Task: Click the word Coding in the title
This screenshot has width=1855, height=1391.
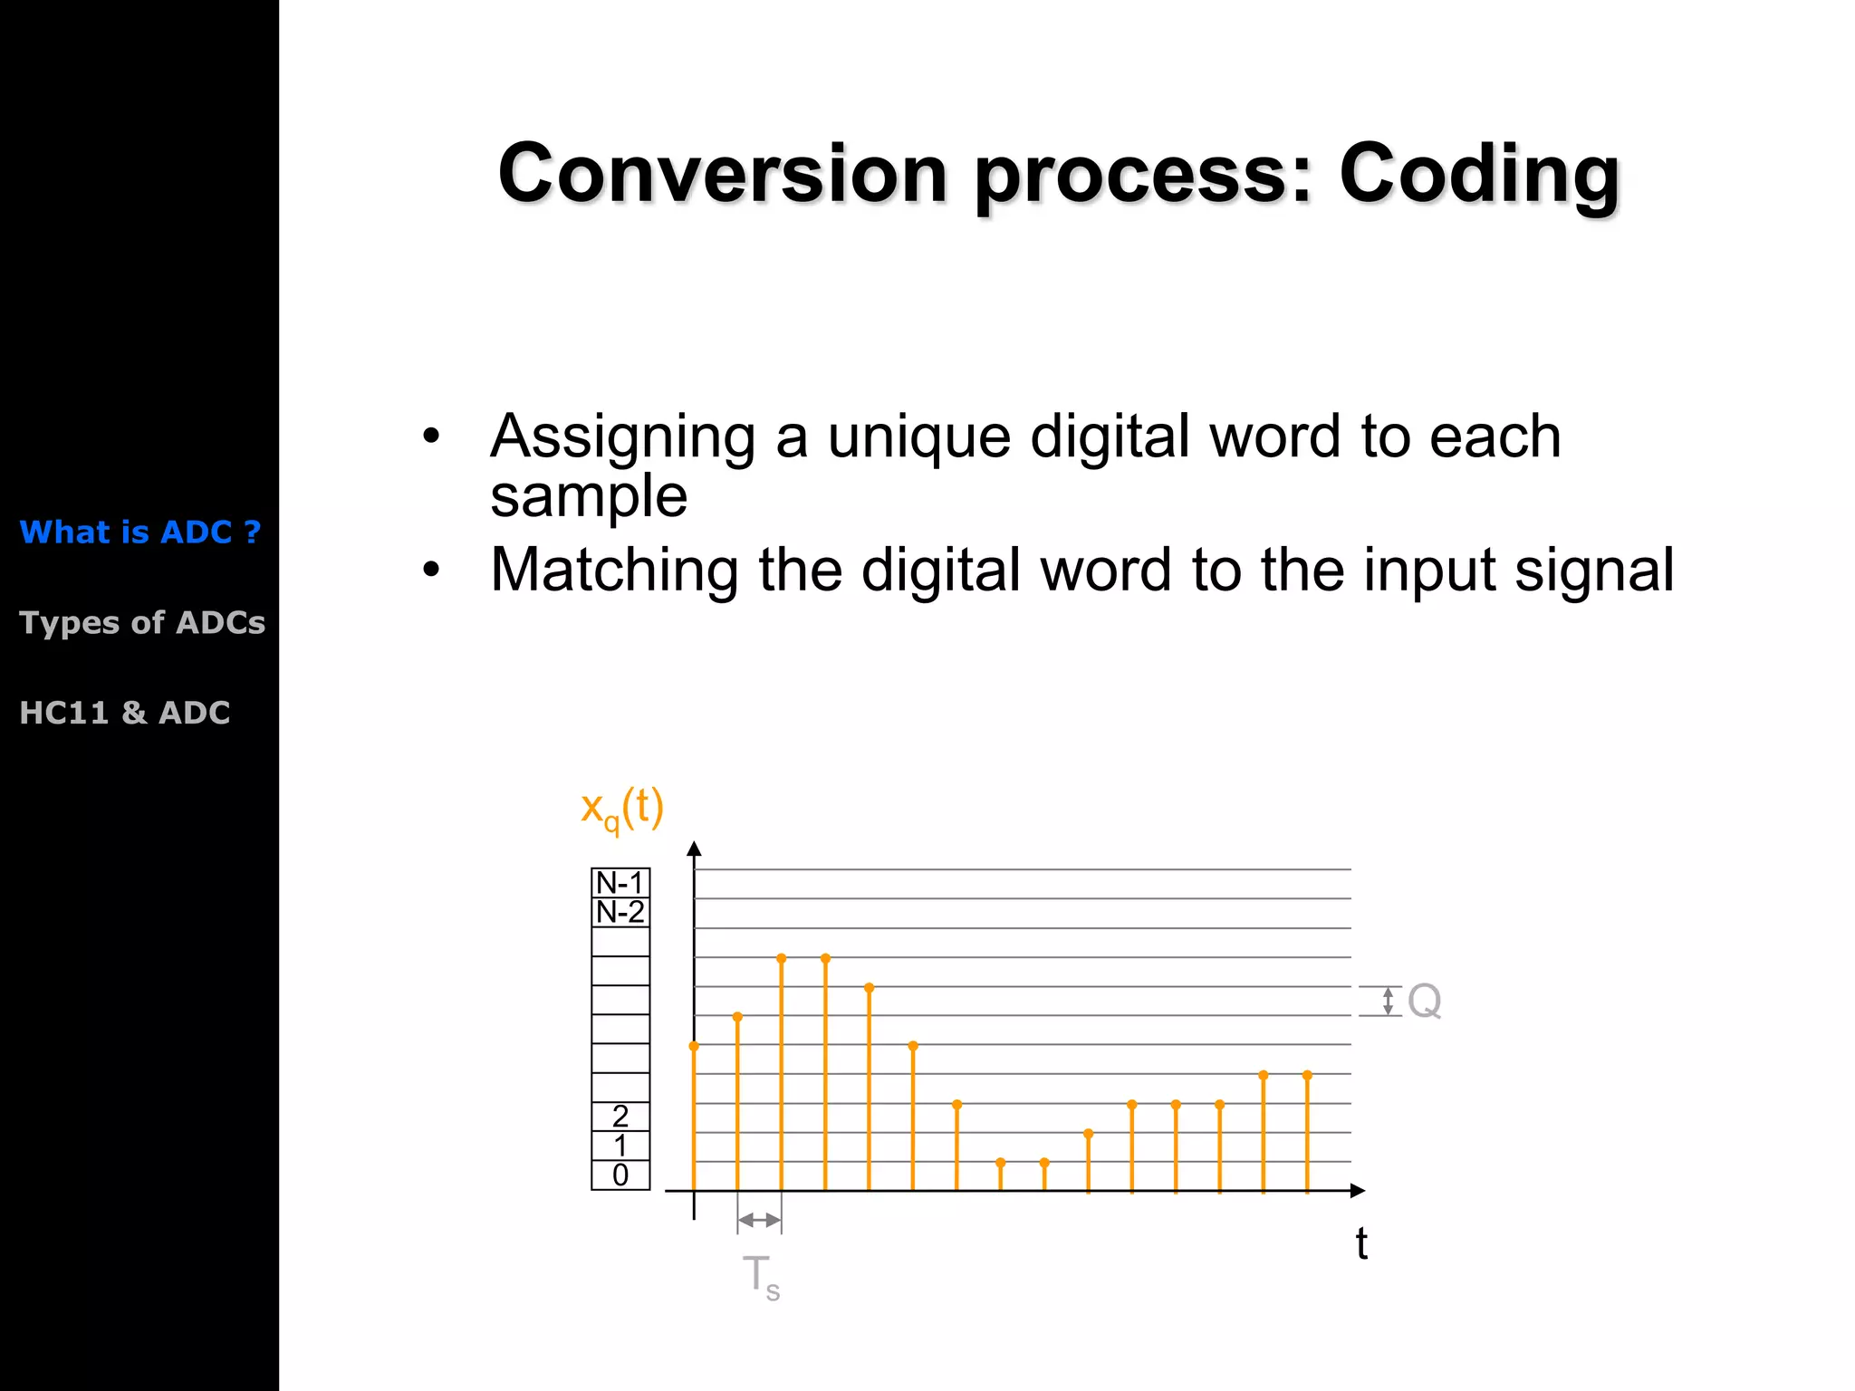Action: (x=1478, y=174)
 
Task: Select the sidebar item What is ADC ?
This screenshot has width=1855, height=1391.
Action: (x=140, y=532)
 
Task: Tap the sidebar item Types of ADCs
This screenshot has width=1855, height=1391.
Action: (x=142, y=622)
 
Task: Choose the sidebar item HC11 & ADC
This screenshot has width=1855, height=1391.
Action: (x=125, y=713)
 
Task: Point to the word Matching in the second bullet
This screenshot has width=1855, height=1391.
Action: (x=614, y=571)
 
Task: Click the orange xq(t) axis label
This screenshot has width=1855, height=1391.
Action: (x=622, y=808)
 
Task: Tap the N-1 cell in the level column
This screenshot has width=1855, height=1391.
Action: (x=620, y=883)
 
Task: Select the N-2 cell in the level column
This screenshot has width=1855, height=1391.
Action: (x=620, y=912)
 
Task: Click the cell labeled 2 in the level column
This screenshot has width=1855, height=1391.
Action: (x=620, y=1116)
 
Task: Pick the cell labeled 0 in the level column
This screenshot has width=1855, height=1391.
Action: (x=620, y=1175)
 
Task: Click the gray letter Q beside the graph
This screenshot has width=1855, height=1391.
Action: (x=1424, y=1002)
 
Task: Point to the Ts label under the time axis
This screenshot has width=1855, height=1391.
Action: (x=760, y=1276)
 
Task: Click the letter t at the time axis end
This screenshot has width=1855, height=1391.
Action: (x=1360, y=1244)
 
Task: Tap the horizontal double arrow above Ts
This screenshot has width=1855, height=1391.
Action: (x=759, y=1220)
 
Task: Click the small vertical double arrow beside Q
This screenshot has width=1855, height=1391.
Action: (x=1388, y=1002)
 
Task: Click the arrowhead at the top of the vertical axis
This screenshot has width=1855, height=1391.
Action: (x=694, y=849)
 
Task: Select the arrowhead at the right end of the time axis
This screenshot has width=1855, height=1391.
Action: (x=1357, y=1191)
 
